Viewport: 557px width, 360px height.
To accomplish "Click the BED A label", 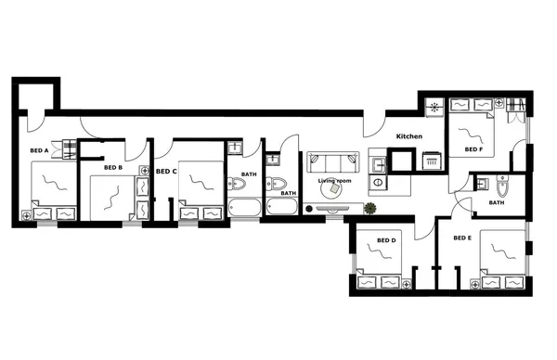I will (39, 149).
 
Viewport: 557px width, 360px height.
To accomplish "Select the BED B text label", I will (113, 168).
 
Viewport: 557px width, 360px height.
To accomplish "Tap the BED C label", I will (166, 172).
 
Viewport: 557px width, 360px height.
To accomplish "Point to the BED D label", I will (386, 240).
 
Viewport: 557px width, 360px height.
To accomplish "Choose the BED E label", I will (462, 238).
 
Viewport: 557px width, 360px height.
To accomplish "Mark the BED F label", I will (473, 148).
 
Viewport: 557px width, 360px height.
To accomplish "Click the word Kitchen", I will (409, 136).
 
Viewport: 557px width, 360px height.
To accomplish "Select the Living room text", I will (334, 181).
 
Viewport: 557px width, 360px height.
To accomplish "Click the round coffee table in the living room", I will (333, 190).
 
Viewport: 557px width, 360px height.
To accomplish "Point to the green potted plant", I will (370, 208).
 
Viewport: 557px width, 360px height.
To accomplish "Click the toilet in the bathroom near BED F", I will (502, 181).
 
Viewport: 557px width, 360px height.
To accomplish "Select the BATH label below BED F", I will (497, 202).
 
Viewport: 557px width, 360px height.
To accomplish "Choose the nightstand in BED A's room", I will (25, 214).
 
